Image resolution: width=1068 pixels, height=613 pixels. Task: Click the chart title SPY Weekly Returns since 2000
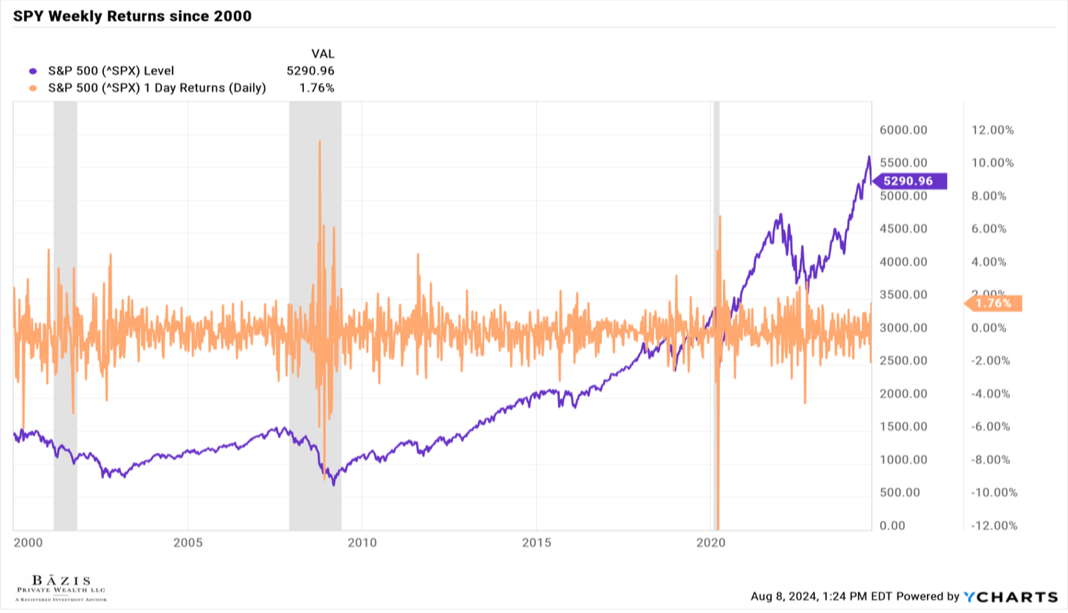132,16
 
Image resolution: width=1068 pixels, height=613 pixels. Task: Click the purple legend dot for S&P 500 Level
32,71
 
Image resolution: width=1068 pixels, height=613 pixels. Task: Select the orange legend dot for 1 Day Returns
32,87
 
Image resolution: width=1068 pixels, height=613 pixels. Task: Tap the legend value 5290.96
310,71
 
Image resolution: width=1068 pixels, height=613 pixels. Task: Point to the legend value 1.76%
317,87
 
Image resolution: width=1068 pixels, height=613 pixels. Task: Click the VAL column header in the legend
322,54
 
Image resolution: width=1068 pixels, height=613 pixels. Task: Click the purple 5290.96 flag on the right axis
908,181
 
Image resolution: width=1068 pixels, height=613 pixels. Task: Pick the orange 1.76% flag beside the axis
994,303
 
